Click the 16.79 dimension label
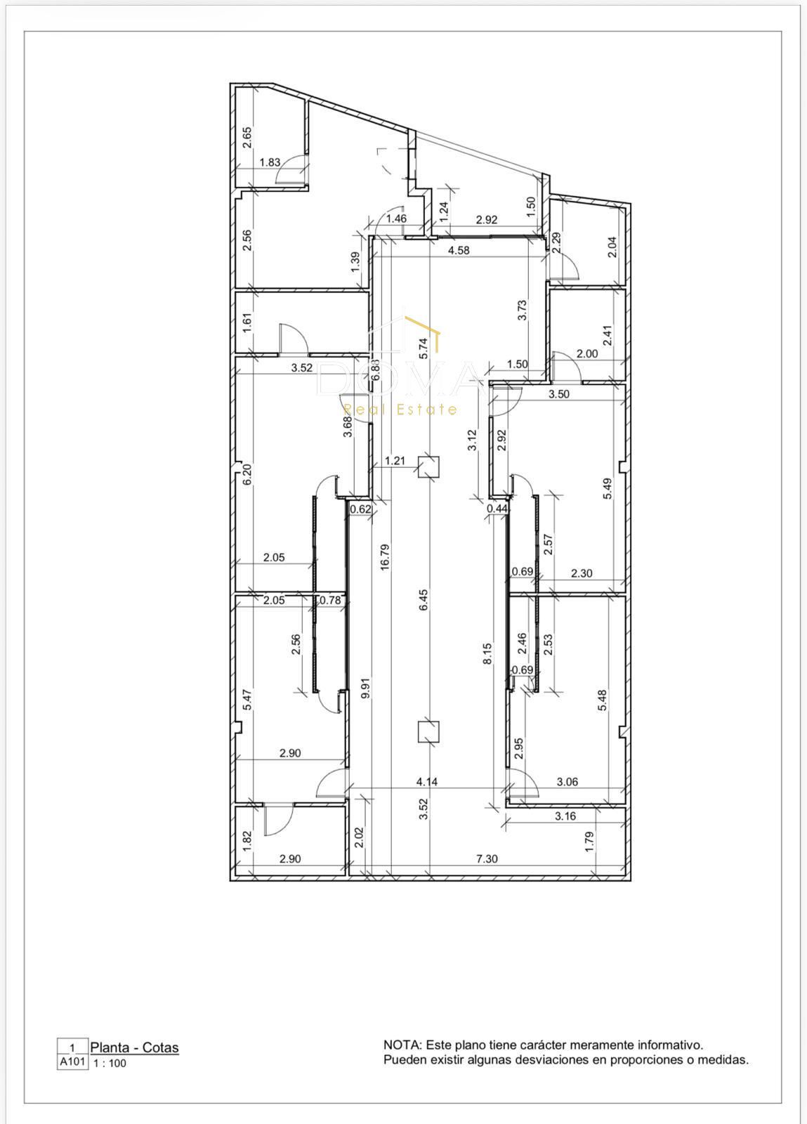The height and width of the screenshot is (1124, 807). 385,557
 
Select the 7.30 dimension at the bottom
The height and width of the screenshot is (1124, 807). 487,873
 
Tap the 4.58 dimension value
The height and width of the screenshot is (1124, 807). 459,250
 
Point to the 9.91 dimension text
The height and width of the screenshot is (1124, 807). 366,688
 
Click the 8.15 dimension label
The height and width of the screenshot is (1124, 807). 487,654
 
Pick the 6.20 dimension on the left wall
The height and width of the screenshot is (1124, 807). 247,474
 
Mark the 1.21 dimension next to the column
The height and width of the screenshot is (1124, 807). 395,460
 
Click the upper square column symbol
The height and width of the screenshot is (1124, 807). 429,466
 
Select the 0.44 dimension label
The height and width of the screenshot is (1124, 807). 497,509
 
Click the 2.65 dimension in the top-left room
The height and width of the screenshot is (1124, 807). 247,138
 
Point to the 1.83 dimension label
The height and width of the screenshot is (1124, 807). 270,162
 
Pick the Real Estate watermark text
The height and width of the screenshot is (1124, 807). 400,410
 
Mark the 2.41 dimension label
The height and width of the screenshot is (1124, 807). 607,336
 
